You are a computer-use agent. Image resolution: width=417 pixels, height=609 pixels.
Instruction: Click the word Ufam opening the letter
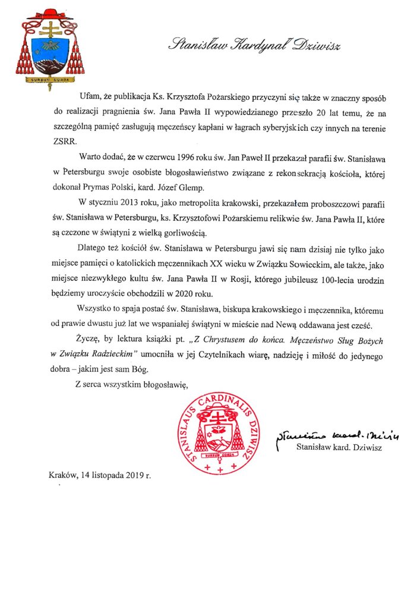tap(90, 96)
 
